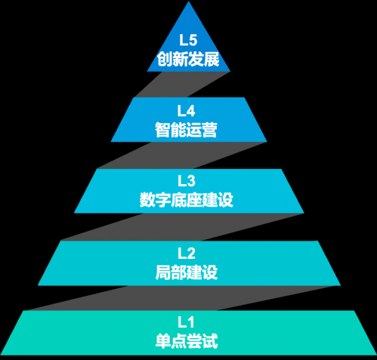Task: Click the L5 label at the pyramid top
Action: (x=188, y=40)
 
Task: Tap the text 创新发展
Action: (x=188, y=60)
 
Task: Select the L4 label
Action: (x=186, y=111)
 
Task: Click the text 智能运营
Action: (x=186, y=130)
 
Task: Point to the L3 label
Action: (x=187, y=181)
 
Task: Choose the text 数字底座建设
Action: (x=187, y=200)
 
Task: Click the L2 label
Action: (x=187, y=254)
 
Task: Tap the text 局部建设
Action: (x=187, y=272)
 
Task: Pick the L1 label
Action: (x=186, y=322)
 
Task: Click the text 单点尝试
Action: (x=187, y=341)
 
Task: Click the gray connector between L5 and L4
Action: (x=183, y=85)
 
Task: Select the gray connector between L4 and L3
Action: (x=182, y=155)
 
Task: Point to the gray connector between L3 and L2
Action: (x=182, y=227)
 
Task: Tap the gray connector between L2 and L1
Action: (x=181, y=298)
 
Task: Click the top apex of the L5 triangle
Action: (x=189, y=2)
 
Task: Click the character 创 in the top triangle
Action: (x=165, y=60)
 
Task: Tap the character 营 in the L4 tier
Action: (x=209, y=130)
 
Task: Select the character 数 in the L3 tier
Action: (x=147, y=200)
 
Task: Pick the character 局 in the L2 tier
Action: (x=163, y=272)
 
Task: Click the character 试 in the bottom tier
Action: (x=210, y=341)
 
